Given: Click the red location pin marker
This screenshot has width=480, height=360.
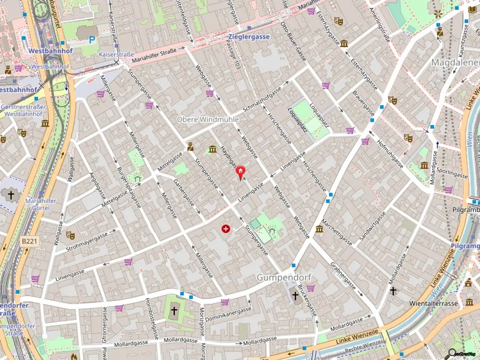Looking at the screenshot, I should point(240,172).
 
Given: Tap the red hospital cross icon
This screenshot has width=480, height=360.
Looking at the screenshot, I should point(226,229).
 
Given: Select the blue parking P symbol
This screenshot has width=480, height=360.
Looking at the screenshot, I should point(92,41).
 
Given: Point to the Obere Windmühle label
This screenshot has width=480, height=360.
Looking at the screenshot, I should point(208,120).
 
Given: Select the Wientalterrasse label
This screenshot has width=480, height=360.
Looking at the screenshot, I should point(433,303).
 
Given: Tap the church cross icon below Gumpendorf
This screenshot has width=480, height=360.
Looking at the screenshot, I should point(295,295).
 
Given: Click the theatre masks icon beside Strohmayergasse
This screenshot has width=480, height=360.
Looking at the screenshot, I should point(70,235).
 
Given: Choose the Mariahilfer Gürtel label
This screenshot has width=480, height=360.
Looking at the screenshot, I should point(41,204).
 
